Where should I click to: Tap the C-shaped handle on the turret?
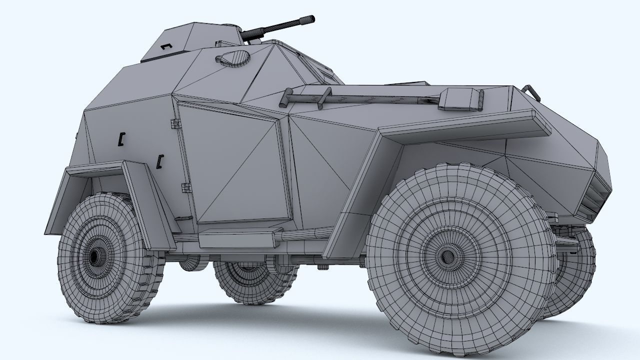click(166, 46)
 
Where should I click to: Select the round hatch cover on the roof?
click(234, 57)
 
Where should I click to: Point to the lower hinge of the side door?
click(186, 187)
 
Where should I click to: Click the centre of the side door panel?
click(235, 165)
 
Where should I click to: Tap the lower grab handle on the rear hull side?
click(160, 160)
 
